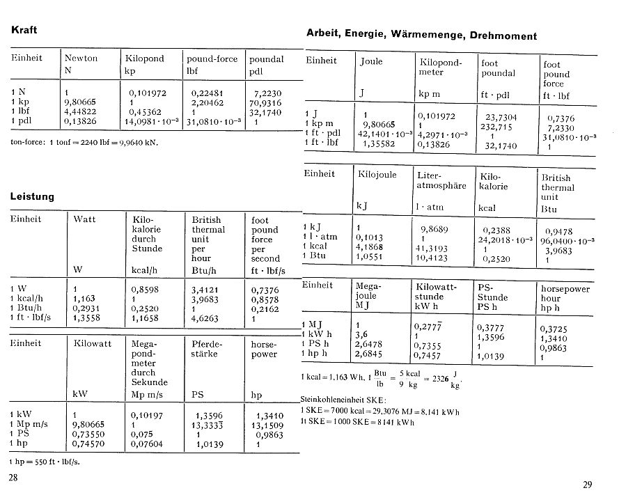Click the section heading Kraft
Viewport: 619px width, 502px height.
pyautogui.click(x=24, y=31)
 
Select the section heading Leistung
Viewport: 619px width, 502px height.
pyautogui.click(x=32, y=196)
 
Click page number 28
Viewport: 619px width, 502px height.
pyautogui.click(x=13, y=478)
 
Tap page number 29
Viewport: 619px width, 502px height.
pyautogui.click(x=588, y=485)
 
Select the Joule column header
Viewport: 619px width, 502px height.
pyautogui.click(x=371, y=61)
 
